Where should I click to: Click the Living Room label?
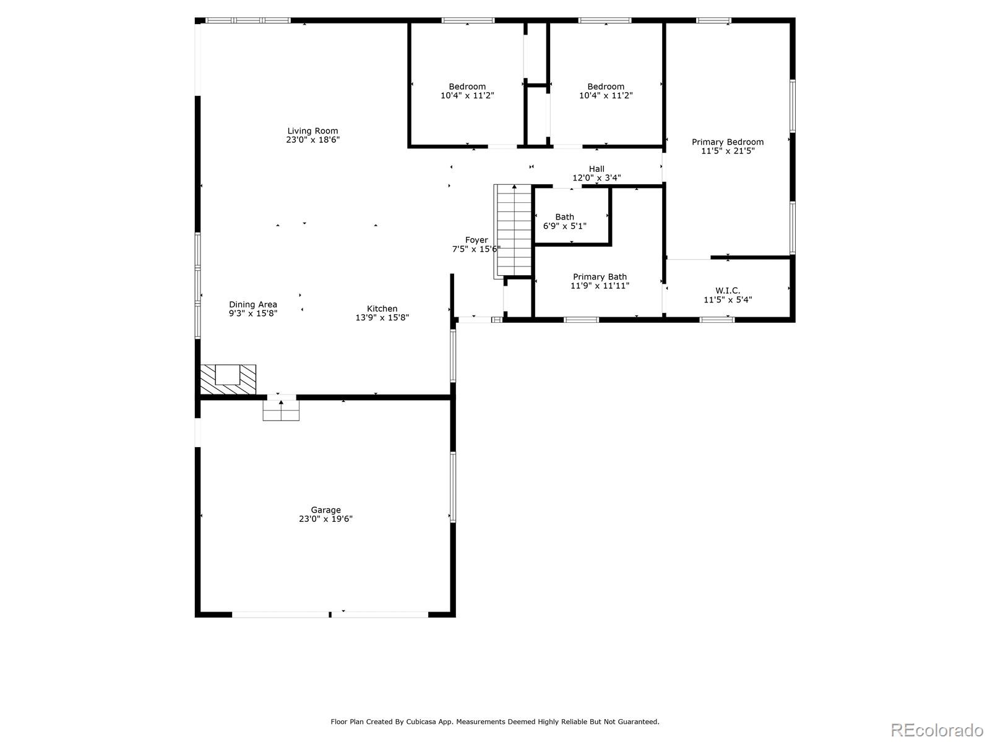(x=312, y=131)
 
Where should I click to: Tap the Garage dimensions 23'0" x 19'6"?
(x=325, y=519)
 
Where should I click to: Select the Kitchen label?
(x=382, y=309)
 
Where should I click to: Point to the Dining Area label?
(x=252, y=305)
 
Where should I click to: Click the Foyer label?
(x=476, y=240)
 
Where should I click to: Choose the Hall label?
(x=596, y=169)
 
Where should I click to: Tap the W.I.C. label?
(x=727, y=291)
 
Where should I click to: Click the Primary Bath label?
(x=600, y=276)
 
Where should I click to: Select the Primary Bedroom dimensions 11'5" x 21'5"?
(x=728, y=151)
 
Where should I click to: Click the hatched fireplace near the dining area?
(x=228, y=379)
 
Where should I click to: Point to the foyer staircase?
(x=514, y=231)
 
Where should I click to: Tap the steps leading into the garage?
(x=281, y=410)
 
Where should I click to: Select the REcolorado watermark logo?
(x=937, y=730)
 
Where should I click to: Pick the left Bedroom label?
(x=467, y=87)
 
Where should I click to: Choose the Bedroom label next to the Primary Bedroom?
(x=605, y=87)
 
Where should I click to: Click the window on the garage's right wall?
(x=453, y=487)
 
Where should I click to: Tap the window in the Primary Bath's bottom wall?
(x=581, y=320)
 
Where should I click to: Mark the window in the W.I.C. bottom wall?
(x=717, y=320)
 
